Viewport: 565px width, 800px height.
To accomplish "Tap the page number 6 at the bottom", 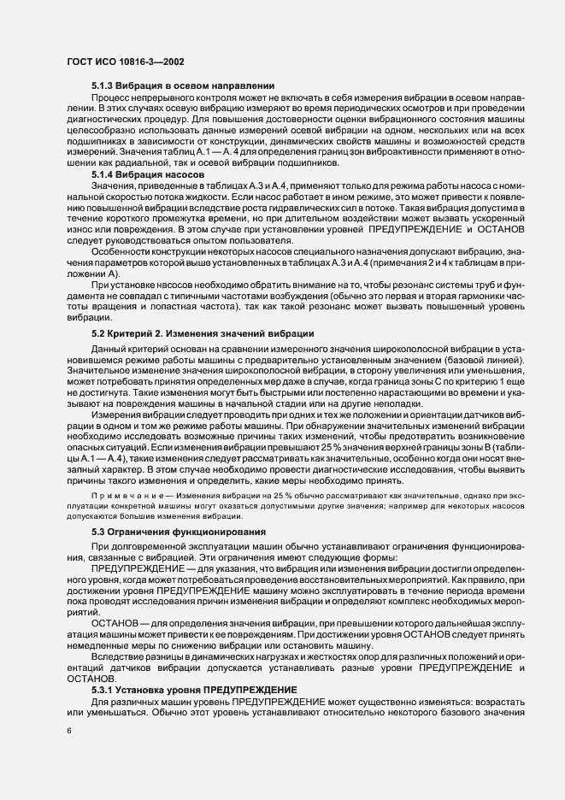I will coord(68,732).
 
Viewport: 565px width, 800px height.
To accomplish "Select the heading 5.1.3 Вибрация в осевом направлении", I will coord(182,86).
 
